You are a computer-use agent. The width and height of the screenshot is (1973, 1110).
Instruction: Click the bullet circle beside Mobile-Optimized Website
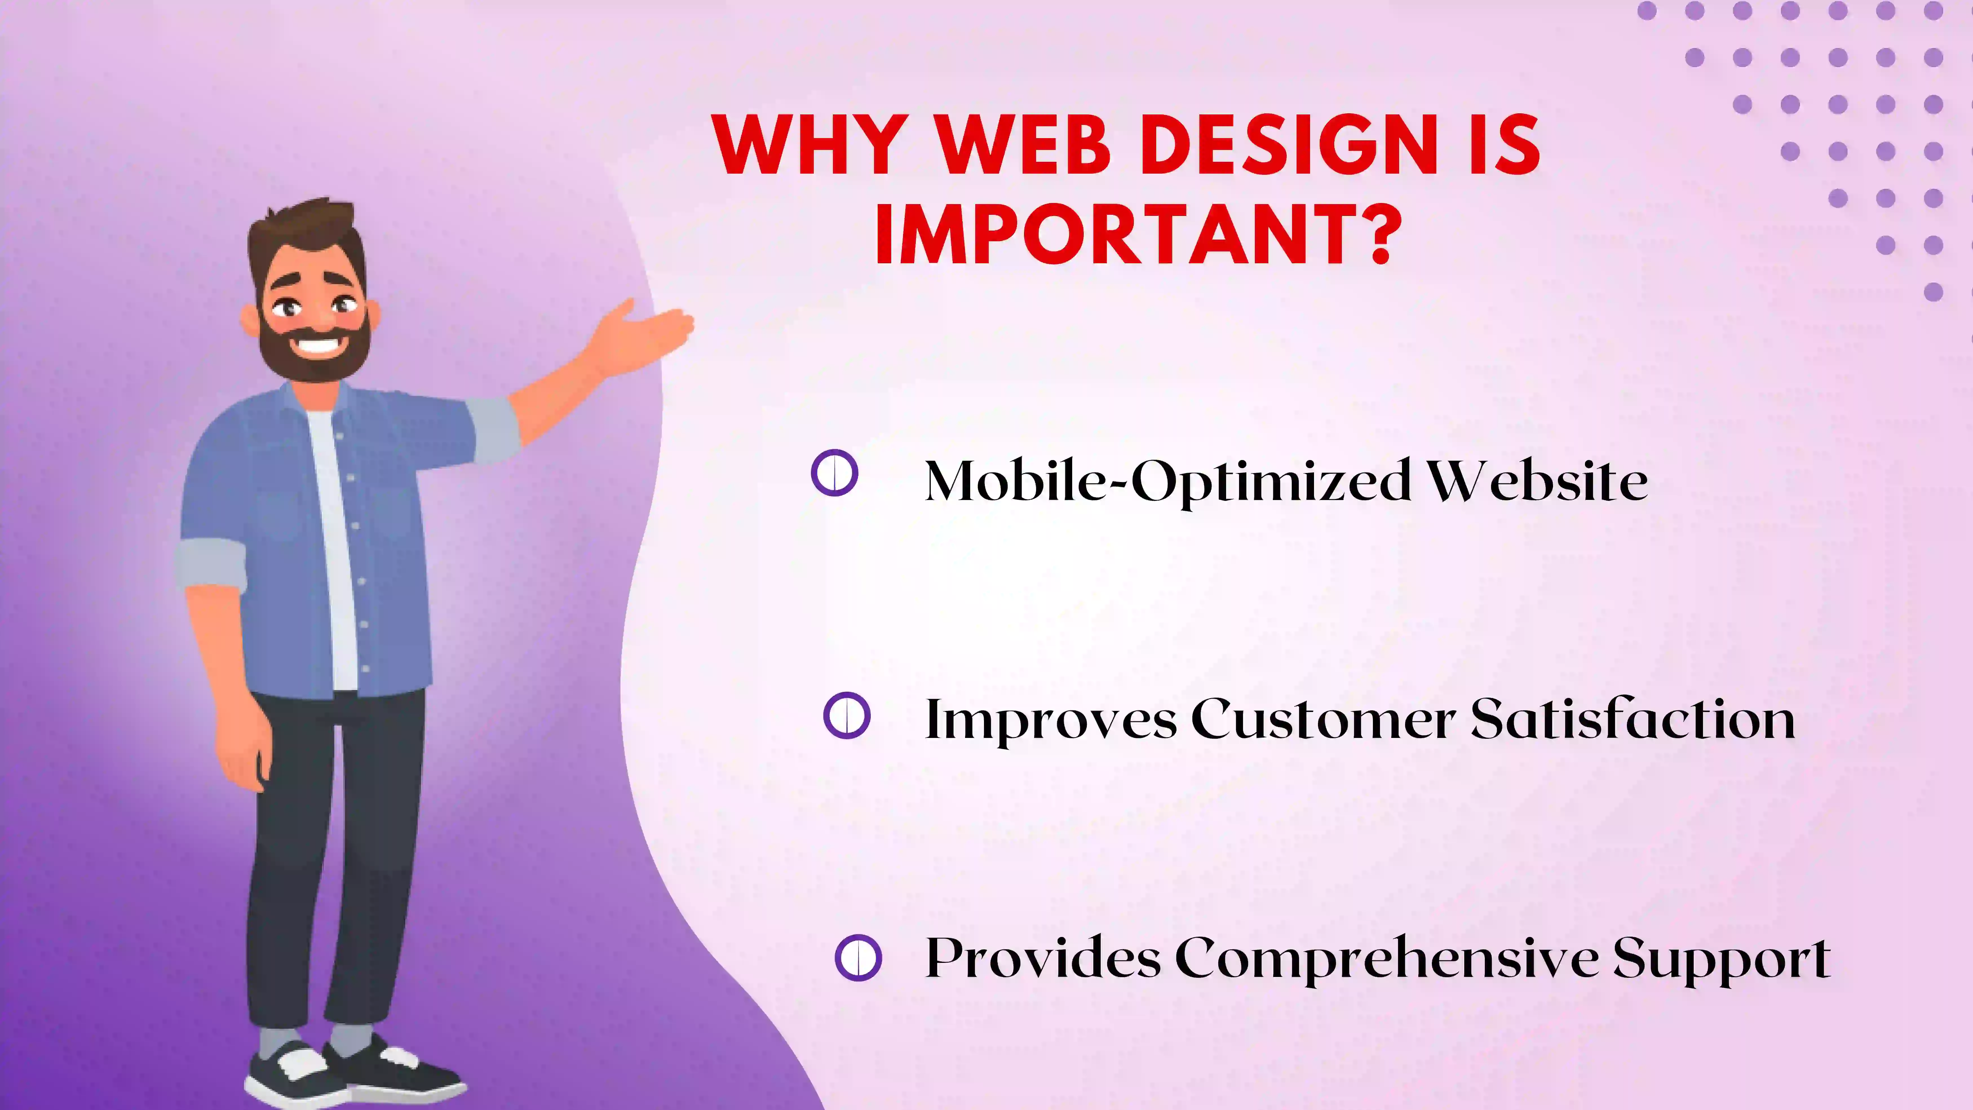coord(834,473)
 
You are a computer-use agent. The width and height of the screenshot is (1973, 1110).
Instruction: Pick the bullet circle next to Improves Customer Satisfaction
coord(846,715)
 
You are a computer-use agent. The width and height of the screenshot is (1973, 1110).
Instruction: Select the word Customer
coord(1323,720)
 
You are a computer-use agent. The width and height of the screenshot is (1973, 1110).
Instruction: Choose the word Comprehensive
coord(1386,958)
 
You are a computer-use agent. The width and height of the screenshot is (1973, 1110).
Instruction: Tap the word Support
coord(1722,958)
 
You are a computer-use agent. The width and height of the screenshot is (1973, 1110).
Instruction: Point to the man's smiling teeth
coord(316,343)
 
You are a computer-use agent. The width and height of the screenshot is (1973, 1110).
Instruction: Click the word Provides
coord(1043,958)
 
